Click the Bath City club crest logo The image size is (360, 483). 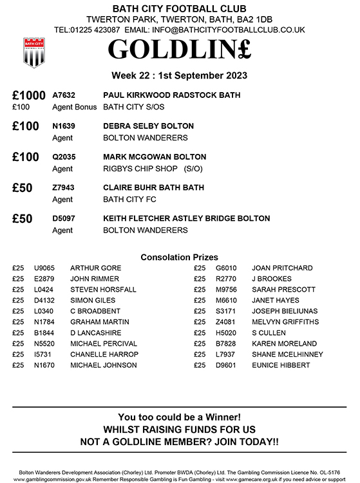33,52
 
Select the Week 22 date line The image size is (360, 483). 179,75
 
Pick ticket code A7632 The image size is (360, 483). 65,95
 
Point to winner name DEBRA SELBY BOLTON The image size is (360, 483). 148,126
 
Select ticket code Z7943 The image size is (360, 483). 65,188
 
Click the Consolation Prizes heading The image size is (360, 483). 179,256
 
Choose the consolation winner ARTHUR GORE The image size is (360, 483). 95,268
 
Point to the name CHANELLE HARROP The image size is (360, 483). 104,355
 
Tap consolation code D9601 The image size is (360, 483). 226,366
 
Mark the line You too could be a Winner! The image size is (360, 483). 179,417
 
